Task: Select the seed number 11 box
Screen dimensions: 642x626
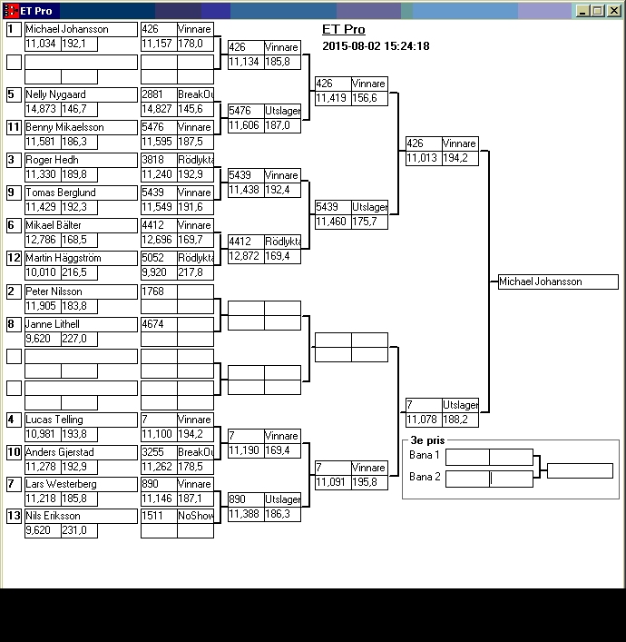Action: [x=14, y=127]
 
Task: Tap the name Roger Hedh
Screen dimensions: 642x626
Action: [x=52, y=160]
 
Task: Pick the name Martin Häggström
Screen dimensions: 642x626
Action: [x=64, y=258]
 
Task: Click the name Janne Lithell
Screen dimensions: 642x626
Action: [x=53, y=324]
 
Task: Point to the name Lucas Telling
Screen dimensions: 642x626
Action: [x=54, y=420]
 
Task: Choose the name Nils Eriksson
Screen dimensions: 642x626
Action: [x=53, y=516]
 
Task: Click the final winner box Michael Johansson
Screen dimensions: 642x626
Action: [x=558, y=281]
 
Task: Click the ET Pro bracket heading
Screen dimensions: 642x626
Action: [x=344, y=29]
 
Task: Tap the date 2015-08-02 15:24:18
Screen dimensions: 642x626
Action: [x=376, y=46]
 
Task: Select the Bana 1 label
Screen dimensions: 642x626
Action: [x=425, y=455]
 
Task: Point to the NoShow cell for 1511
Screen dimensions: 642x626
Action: [x=195, y=516]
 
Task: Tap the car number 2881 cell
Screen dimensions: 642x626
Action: [x=159, y=94]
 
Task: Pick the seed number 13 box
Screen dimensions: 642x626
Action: [x=14, y=516]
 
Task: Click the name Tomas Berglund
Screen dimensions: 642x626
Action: [x=60, y=193]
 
